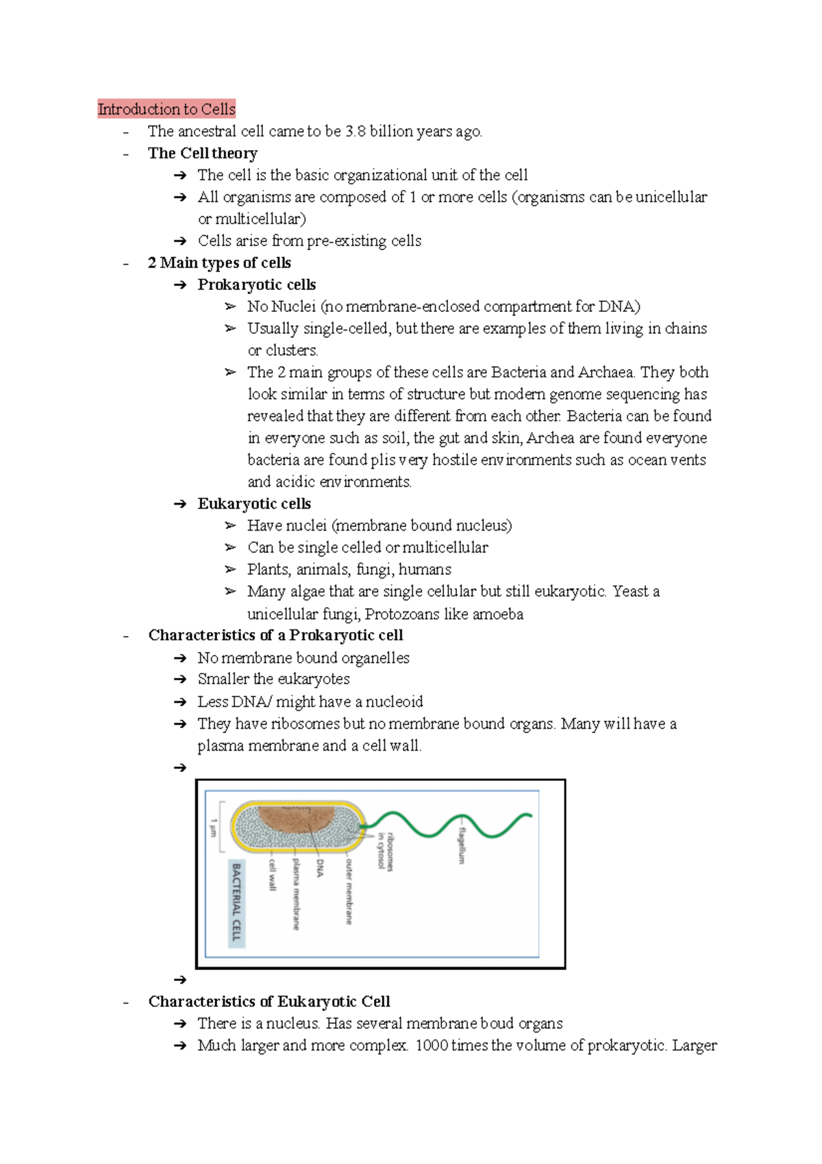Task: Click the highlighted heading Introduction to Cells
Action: [166, 109]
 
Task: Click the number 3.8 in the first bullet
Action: [355, 131]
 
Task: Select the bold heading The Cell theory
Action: [203, 153]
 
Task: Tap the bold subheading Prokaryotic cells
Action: [256, 284]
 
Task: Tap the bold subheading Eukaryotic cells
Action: [254, 504]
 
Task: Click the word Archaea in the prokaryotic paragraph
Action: [606, 372]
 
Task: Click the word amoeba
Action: [497, 614]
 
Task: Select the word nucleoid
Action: [394, 701]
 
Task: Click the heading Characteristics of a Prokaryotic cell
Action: [275, 635]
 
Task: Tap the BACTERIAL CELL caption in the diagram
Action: [236, 902]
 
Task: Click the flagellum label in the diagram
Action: [462, 845]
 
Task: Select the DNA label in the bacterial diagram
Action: [320, 868]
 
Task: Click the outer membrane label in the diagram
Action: [349, 891]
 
